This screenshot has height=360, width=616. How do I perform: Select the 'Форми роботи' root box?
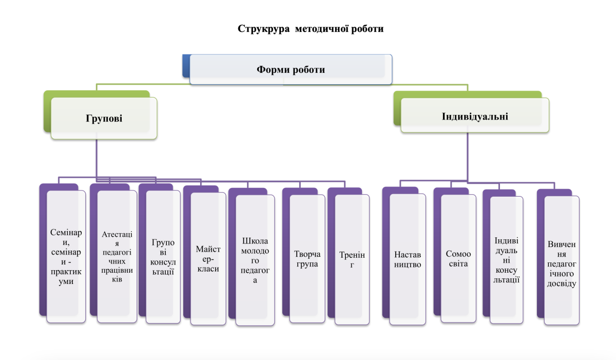(x=291, y=69)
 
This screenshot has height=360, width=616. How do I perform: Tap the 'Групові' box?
(x=104, y=119)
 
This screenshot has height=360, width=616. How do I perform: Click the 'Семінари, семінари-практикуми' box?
(x=66, y=257)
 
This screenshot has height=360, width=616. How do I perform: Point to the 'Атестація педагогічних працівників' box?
(x=117, y=257)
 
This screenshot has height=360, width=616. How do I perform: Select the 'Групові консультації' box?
(x=163, y=257)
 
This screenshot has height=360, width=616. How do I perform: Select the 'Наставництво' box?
(x=408, y=259)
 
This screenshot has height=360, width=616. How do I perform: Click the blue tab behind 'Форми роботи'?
(x=186, y=66)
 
